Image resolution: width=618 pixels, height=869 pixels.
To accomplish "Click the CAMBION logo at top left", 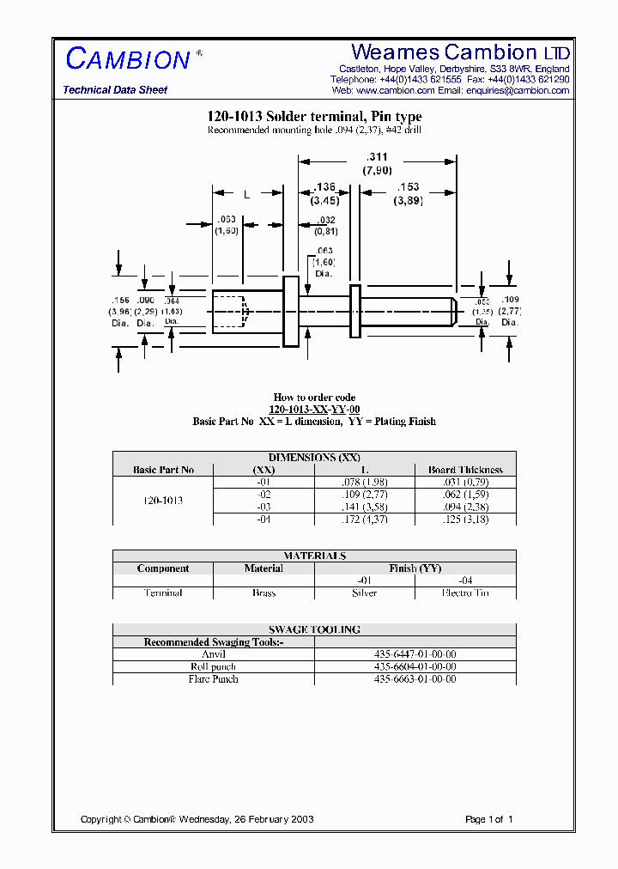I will click(128, 59).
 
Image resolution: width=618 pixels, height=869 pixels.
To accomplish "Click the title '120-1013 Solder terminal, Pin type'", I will click(314, 117).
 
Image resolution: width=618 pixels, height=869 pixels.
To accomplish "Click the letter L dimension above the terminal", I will click(247, 195).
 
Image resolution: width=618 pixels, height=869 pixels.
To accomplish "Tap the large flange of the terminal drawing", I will click(291, 311).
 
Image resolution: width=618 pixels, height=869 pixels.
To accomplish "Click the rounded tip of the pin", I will click(453, 311).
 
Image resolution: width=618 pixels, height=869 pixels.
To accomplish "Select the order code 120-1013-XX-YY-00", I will click(314, 410).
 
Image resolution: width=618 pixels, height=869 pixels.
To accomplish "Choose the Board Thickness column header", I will click(465, 470).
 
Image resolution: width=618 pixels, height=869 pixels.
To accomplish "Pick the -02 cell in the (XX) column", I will click(264, 495).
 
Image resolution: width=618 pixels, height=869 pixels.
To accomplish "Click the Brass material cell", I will click(264, 593).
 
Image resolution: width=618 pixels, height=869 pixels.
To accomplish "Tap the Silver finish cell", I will click(365, 593).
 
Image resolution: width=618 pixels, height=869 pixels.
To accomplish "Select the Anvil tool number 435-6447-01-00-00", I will click(415, 654).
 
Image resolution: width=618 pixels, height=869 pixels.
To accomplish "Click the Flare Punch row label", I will click(214, 679).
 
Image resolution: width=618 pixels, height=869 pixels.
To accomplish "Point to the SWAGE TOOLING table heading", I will click(314, 629).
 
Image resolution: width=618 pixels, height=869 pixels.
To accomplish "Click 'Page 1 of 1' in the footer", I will click(488, 819).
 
